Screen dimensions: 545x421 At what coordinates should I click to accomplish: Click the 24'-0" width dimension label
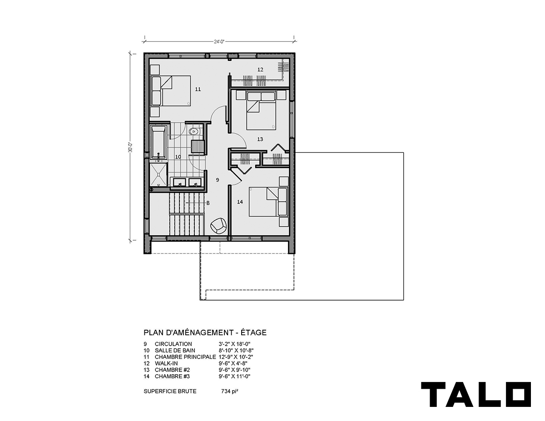pyautogui.click(x=219, y=41)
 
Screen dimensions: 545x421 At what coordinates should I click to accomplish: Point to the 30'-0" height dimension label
pyautogui.click(x=130, y=148)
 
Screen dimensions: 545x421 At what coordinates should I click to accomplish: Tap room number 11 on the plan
pyautogui.click(x=198, y=89)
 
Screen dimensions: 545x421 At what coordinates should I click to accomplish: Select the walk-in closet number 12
pyautogui.click(x=260, y=69)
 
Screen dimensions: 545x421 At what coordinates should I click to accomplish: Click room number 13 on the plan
pyautogui.click(x=260, y=139)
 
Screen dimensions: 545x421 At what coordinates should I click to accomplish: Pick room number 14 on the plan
pyautogui.click(x=240, y=202)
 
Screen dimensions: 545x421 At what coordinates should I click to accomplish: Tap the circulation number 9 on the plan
pyautogui.click(x=218, y=180)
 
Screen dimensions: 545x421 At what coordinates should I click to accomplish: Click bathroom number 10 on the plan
pyautogui.click(x=178, y=157)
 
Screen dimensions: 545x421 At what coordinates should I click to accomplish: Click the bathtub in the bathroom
pyautogui.click(x=158, y=142)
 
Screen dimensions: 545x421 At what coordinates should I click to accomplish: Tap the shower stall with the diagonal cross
pyautogui.click(x=159, y=175)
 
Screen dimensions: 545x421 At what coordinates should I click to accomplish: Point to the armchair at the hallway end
pyautogui.click(x=219, y=225)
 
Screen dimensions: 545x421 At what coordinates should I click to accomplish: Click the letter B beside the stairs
pyautogui.click(x=208, y=203)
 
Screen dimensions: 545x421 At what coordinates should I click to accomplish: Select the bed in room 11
pyautogui.click(x=171, y=91)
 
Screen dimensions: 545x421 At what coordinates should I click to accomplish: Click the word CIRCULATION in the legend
pyautogui.click(x=173, y=344)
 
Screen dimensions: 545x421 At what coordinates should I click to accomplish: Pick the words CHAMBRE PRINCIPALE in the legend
pyautogui.click(x=185, y=357)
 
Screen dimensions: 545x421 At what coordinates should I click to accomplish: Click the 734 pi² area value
pyautogui.click(x=229, y=391)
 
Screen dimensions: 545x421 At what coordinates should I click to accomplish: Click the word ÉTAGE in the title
pyautogui.click(x=253, y=332)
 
